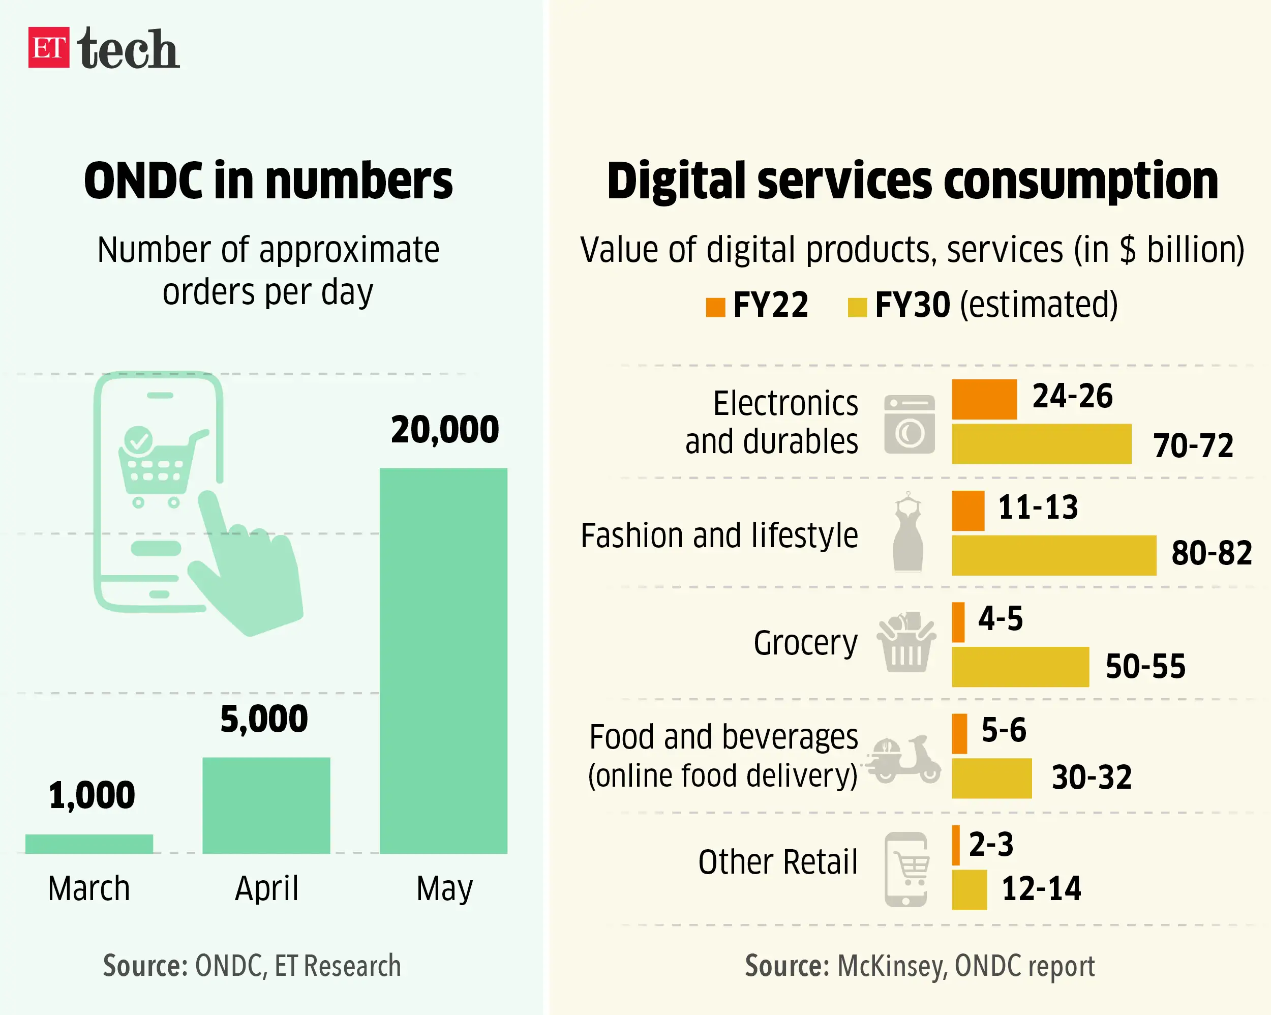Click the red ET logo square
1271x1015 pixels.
pos(49,47)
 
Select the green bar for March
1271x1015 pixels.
pos(89,844)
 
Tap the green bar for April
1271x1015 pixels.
pos(266,805)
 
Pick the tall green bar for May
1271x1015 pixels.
pos(443,661)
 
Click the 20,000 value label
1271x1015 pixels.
pos(444,429)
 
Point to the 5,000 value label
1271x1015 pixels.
pos(264,719)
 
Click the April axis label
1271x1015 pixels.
pos(266,888)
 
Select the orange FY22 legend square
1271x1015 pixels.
pos(715,307)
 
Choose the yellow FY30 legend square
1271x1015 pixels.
pos(857,307)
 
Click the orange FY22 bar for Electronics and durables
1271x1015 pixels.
pos(984,399)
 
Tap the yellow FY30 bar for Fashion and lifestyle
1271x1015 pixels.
pos(1053,555)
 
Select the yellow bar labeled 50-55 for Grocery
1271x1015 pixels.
pos(1020,667)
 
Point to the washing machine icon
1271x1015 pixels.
pos(909,424)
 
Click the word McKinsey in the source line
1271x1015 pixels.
pos(891,966)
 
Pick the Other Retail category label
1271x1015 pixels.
pos(777,862)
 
